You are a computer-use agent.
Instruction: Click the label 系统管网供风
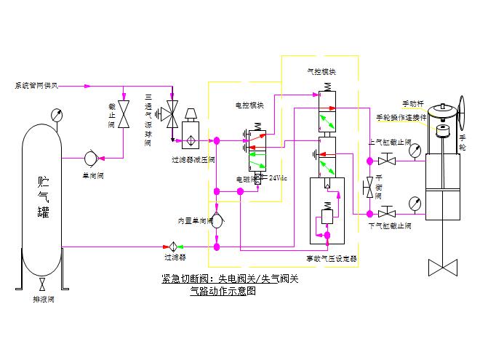pyautogui.click(x=36, y=86)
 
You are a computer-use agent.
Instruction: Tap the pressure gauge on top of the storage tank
pyautogui.click(x=55, y=114)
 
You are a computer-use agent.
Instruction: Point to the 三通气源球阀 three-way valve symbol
pyautogui.click(x=172, y=113)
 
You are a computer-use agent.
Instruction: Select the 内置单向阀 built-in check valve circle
pyautogui.click(x=216, y=221)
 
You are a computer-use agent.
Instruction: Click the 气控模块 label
pyautogui.click(x=321, y=73)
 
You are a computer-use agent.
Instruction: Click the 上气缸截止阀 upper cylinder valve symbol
pyautogui.click(x=391, y=158)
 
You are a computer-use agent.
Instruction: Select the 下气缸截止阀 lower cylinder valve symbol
pyautogui.click(x=391, y=213)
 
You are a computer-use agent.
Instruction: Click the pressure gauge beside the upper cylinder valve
pyautogui.click(x=415, y=151)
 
